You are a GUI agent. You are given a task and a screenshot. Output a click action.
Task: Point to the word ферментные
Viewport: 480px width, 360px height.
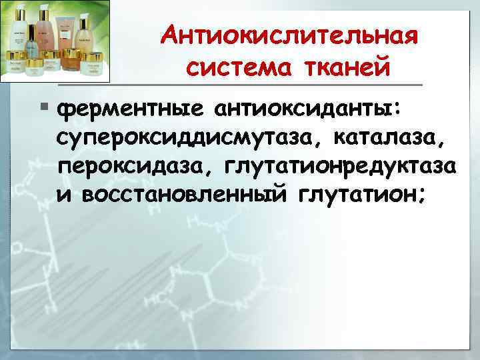130,109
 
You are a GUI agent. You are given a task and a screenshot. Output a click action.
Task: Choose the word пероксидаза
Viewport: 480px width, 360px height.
131,166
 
